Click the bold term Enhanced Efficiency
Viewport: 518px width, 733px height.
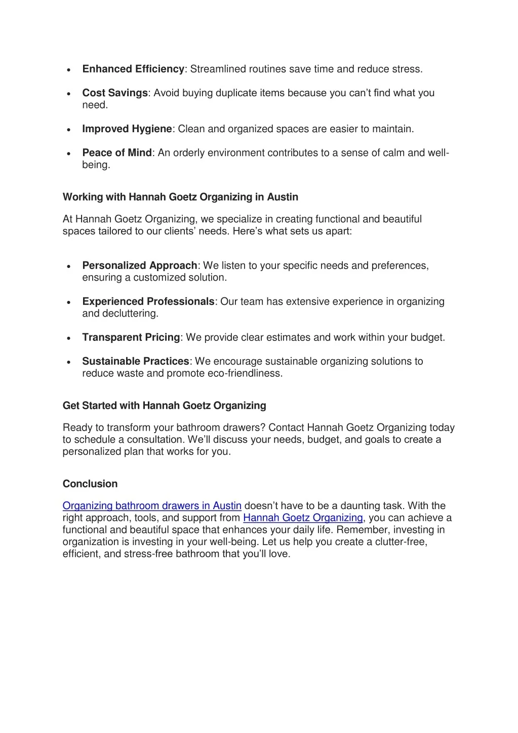pyautogui.click(x=133, y=69)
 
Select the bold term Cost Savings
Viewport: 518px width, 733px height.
pyautogui.click(x=115, y=93)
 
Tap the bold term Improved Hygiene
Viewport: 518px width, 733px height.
pyautogui.click(x=127, y=129)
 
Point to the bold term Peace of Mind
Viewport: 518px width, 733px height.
pyautogui.click(x=117, y=152)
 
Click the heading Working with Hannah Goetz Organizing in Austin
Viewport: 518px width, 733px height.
pyautogui.click(x=180, y=197)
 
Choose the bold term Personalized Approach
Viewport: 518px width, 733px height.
pyautogui.click(x=140, y=265)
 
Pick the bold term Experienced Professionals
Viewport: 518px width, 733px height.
pyautogui.click(x=148, y=301)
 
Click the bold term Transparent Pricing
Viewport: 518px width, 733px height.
pyautogui.click(x=131, y=337)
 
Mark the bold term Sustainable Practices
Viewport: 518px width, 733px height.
pyautogui.click(x=136, y=361)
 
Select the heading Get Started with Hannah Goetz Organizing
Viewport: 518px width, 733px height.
pyautogui.click(x=164, y=405)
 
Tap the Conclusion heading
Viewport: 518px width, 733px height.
pyautogui.click(x=90, y=484)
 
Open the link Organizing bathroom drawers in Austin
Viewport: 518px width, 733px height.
pyautogui.click(x=152, y=506)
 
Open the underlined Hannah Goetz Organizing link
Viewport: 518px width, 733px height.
pyautogui.click(x=303, y=518)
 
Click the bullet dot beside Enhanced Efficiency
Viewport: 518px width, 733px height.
pyautogui.click(x=68, y=69)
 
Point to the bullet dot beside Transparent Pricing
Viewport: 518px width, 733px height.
pyautogui.click(x=68, y=338)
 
